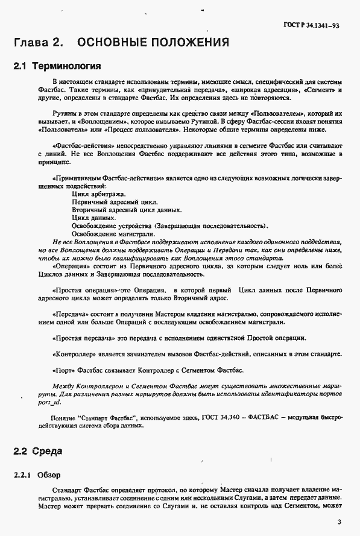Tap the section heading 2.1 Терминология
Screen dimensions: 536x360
(56, 65)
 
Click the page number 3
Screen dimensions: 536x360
(339, 522)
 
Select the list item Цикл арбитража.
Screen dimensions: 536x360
(98, 194)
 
